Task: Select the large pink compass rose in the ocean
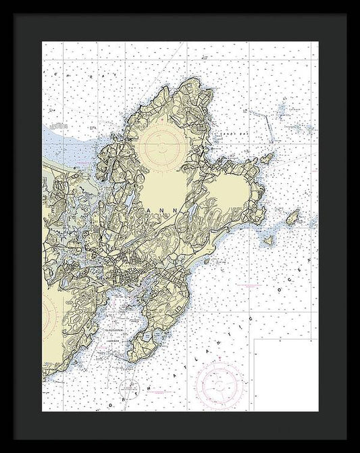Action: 220,385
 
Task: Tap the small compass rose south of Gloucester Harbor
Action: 129,388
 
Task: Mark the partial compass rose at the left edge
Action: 47,314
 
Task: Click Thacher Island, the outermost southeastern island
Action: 292,218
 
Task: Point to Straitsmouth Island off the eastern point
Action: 268,159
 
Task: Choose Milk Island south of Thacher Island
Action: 268,239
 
